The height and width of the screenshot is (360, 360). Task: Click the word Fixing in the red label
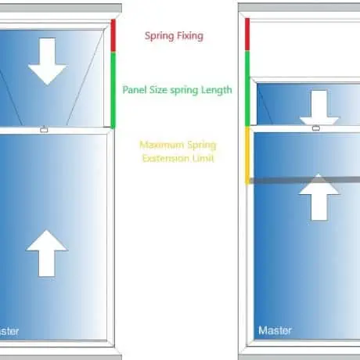point(189,36)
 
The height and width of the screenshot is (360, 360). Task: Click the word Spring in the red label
point(159,36)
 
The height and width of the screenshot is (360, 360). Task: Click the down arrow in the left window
point(47,62)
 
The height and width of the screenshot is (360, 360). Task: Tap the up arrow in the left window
point(47,253)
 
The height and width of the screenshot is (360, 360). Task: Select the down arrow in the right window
point(319,107)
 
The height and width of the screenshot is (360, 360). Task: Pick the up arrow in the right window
point(319,197)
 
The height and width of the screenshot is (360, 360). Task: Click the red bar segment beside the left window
point(113,36)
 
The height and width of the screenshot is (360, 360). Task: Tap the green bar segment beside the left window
point(113,90)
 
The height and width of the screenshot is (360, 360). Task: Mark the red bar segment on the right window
point(247,34)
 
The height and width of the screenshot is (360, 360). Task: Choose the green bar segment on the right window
point(247,88)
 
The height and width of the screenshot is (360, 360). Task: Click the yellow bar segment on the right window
point(247,156)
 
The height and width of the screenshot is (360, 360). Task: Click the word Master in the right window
point(275,330)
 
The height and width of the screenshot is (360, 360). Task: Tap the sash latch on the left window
point(44,129)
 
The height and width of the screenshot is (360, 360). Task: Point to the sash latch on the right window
point(316,128)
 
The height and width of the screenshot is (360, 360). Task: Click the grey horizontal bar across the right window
point(304,180)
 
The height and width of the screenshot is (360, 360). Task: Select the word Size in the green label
point(158,90)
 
